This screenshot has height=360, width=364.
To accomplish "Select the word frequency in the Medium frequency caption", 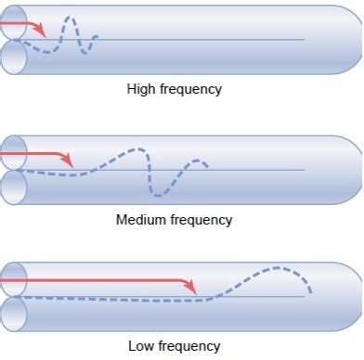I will coord(200,220).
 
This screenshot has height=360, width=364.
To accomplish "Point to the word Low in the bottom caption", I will coord(141,346).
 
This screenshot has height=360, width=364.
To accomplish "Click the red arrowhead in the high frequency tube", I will coord(40,31).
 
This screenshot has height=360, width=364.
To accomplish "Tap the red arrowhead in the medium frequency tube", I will coord(67,161).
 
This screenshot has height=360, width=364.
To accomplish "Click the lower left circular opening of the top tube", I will coord(13,57).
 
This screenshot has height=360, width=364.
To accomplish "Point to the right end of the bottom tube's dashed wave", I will coord(309,293).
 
